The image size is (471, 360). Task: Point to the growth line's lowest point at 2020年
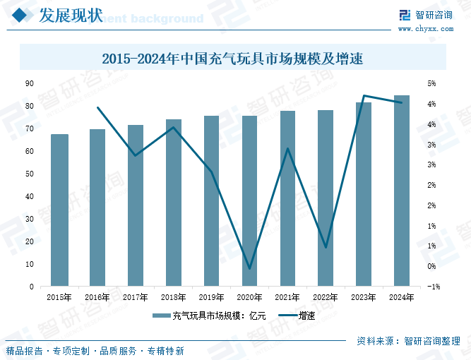pyautogui.click(x=249, y=268)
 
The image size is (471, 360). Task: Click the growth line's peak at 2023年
pyautogui.click(x=364, y=96)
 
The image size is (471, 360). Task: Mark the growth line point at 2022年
pyautogui.click(x=326, y=247)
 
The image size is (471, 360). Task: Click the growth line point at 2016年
pyautogui.click(x=97, y=108)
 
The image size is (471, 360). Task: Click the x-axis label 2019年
pyautogui.click(x=211, y=297)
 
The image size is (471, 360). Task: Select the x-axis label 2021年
pyautogui.click(x=287, y=297)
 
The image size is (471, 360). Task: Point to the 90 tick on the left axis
pyautogui.click(x=30, y=83)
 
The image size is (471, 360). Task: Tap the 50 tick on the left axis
pyautogui.click(x=30, y=174)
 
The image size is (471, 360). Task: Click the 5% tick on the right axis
pyautogui.click(x=431, y=83)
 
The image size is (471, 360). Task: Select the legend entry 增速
pyautogui.click(x=297, y=316)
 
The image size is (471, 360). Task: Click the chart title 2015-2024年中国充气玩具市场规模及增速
pyautogui.click(x=232, y=59)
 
